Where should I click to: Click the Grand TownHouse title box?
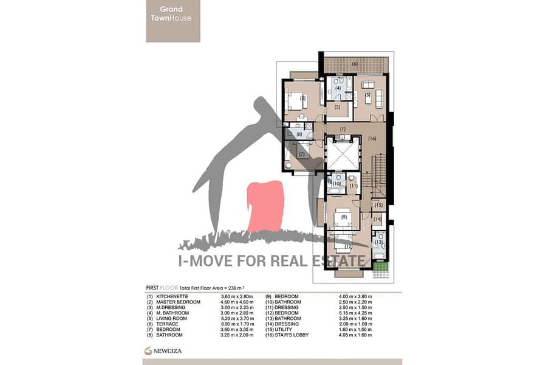click(x=173, y=21)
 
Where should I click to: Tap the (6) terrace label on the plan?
click(x=355, y=64)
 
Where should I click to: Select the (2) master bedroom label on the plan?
click(x=302, y=98)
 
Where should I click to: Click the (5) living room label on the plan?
click(x=367, y=94)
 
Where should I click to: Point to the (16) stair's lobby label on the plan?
click(x=372, y=139)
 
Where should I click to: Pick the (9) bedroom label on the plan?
click(x=344, y=217)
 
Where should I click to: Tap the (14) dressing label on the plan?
click(x=378, y=219)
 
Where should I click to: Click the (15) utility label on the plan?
click(x=378, y=205)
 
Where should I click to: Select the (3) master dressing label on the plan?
click(x=337, y=108)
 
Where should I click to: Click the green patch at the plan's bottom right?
click(x=380, y=267)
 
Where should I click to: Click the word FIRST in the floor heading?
click(x=152, y=288)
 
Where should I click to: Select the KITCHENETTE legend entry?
click(x=172, y=296)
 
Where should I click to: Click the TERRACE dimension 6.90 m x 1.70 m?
click(x=237, y=324)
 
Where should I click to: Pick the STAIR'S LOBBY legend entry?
click(x=292, y=335)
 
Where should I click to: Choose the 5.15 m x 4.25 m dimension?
click(x=355, y=313)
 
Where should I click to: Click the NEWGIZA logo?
click(x=163, y=350)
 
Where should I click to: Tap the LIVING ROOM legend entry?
click(x=172, y=319)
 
